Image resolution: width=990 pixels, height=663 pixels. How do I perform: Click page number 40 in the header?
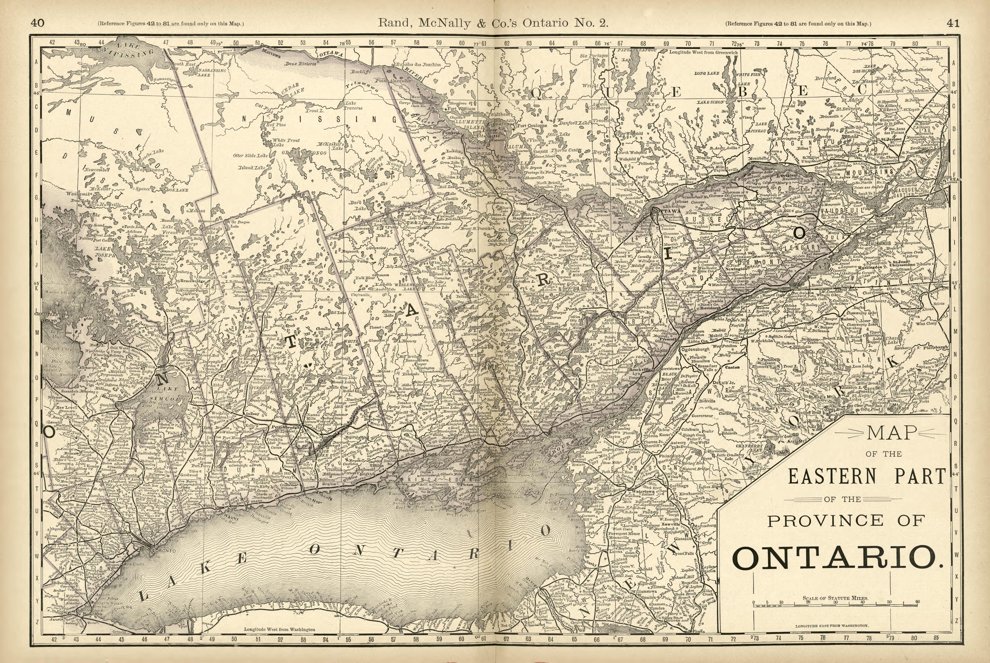coord(37,23)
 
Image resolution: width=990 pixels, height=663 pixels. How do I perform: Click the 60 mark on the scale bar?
coord(917,602)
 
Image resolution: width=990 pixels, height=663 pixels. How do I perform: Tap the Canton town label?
coord(733,367)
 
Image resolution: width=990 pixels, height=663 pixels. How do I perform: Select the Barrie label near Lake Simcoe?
coord(111,398)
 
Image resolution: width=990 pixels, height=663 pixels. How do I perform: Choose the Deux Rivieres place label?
coord(300,64)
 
